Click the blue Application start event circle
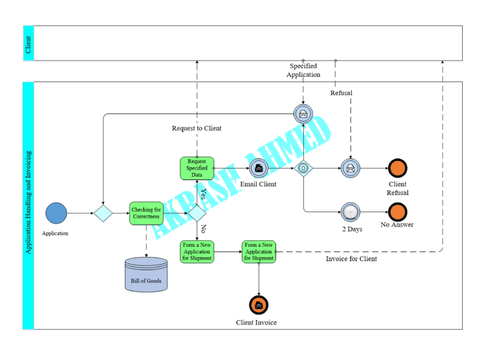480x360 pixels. [56, 213]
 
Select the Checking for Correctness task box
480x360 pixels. [146, 213]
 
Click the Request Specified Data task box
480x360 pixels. [197, 168]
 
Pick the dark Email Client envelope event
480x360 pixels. [258, 168]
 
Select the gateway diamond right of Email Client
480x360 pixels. [303, 168]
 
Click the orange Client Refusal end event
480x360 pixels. [397, 168]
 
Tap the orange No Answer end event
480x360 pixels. [397, 211]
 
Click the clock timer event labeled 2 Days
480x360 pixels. [350, 211]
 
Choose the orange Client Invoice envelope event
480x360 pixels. [258, 305]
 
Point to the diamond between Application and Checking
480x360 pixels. [103, 213]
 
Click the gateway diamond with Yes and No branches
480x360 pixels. [197, 213]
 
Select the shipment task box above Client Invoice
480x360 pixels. [259, 252]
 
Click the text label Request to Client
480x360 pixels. [196, 128]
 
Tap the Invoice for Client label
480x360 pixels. [351, 259]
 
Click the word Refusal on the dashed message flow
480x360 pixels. [341, 93]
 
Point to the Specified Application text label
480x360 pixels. [303, 70]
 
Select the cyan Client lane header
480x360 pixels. [28, 44]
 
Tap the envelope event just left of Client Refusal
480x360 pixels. [350, 168]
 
